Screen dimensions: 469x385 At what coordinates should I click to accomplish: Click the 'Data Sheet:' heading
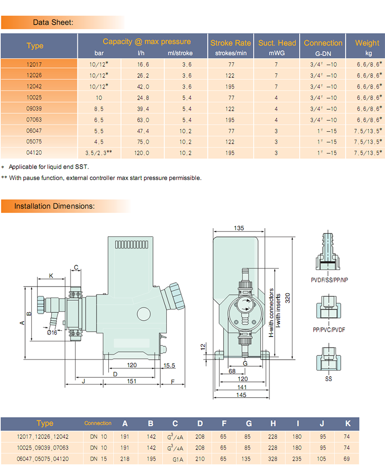tap(53, 22)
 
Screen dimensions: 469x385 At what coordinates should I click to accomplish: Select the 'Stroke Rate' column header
tap(231, 43)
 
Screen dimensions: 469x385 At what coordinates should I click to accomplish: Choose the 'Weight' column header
tap(367, 43)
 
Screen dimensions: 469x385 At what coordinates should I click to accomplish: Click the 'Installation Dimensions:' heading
tap(54, 206)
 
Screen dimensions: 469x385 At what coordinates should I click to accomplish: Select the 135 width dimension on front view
tap(239, 229)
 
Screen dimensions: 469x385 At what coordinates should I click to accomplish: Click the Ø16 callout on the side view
tap(52, 333)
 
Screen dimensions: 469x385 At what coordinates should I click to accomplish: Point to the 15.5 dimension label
tap(170, 365)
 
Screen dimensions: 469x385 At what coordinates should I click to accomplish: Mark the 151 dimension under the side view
tap(132, 381)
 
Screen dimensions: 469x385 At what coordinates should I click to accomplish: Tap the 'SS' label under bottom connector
tap(328, 379)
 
